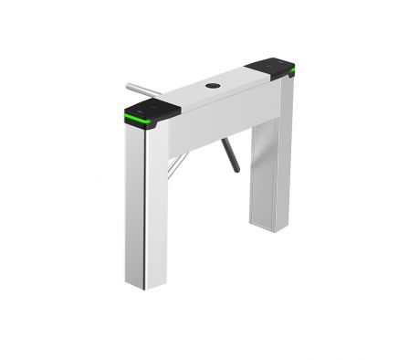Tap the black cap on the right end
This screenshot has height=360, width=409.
(x=270, y=67)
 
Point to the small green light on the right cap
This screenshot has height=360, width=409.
(x=291, y=68)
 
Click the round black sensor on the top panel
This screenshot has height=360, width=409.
(x=213, y=86)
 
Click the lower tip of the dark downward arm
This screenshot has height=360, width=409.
(x=236, y=169)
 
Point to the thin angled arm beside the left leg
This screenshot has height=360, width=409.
(x=178, y=165)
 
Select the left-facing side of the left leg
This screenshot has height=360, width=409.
(x=135, y=201)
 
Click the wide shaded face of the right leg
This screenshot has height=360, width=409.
(x=263, y=174)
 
